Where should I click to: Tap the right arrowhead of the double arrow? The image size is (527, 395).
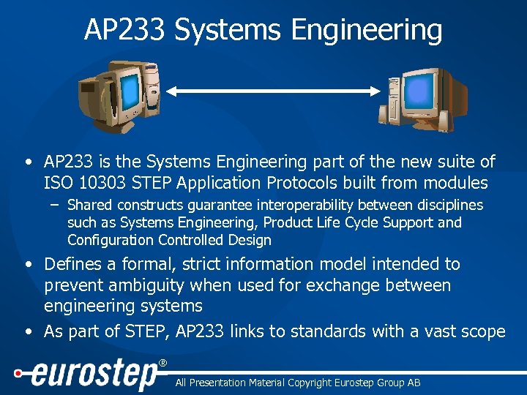coord(375,91)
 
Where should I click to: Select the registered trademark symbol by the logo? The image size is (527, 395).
coord(162,363)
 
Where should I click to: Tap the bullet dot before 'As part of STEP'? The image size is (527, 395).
coord(28,332)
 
